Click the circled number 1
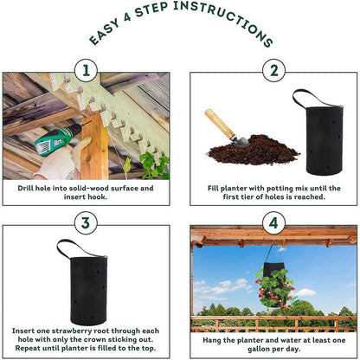click(86, 71)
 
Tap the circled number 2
click(273, 71)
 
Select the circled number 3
click(86, 223)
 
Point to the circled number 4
click(273, 223)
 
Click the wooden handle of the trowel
click(220, 123)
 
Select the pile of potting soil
click(254, 151)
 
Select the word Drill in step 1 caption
click(25, 189)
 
